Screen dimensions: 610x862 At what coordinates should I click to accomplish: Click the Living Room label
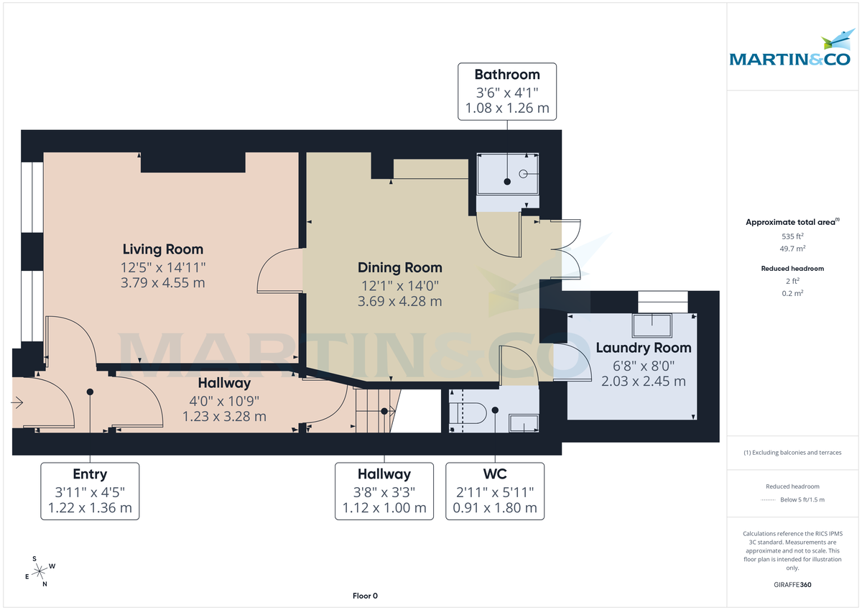coord(162,250)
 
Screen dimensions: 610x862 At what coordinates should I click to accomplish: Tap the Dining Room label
coord(399,268)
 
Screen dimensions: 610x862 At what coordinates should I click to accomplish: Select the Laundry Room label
coord(643,348)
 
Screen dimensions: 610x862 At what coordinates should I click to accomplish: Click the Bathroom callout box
coord(507,92)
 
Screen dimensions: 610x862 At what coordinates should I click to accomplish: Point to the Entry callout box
coord(90,491)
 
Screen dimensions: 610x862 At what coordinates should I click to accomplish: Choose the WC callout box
coord(495,491)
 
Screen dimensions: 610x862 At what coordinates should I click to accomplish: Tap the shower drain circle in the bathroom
coord(523,173)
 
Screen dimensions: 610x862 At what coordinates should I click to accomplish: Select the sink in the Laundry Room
coord(652,325)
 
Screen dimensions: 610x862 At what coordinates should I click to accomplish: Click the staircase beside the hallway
coord(373,410)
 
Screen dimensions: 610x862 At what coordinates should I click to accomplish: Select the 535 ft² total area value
coord(792,236)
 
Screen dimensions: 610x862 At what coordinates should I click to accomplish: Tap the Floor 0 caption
coord(365,596)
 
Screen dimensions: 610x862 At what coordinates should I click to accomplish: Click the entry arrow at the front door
coord(18,405)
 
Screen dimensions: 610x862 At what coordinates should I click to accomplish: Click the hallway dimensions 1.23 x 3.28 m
coord(224,416)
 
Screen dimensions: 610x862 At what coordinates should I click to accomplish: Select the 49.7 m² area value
coord(792,248)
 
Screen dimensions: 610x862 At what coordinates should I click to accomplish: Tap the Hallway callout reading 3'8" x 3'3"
coord(384,491)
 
